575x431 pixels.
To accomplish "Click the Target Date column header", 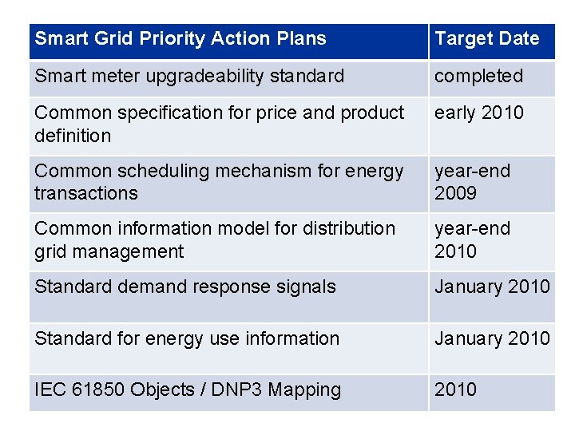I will pyautogui.click(x=486, y=38).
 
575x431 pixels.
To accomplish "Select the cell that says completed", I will pyautogui.click(x=478, y=77).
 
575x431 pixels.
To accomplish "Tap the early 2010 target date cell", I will pyautogui.click(x=478, y=113).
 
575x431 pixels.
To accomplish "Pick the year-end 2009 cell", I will pyautogui.click(x=472, y=182).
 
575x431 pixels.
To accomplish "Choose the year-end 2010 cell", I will pyautogui.click(x=472, y=239).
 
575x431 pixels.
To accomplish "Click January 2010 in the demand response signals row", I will pyautogui.click(x=491, y=287).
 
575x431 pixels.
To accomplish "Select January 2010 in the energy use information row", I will pyautogui.click(x=491, y=338).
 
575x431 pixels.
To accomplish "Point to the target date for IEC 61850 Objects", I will pyautogui.click(x=455, y=389).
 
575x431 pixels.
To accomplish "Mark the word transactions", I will pyautogui.click(x=85, y=193).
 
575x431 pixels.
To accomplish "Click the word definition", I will pyautogui.click(x=72, y=136).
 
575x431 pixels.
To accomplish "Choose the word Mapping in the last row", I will pyautogui.click(x=304, y=390).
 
